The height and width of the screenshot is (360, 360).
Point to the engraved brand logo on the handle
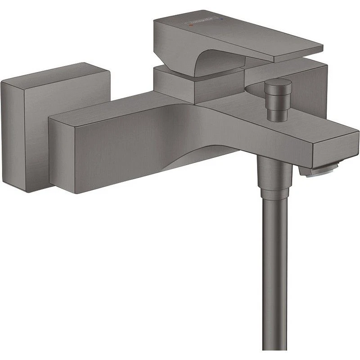(x=201, y=22)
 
